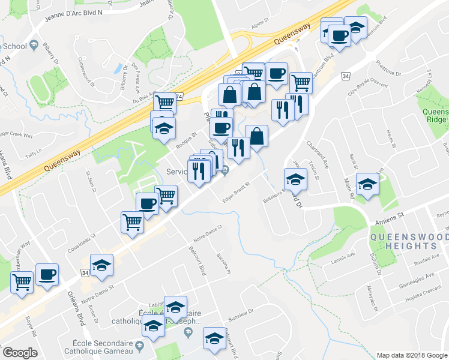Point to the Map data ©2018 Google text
411,355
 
